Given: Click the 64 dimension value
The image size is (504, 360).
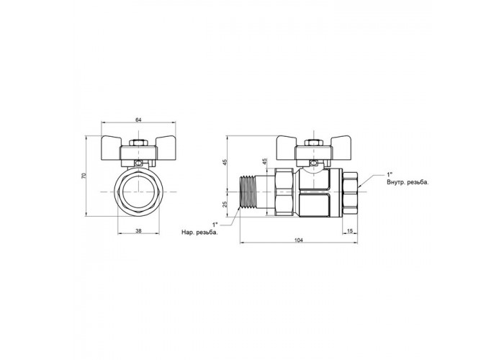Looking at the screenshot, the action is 138,120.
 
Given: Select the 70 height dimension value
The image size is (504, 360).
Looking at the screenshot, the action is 84,176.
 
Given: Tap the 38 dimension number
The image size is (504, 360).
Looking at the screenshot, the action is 138,230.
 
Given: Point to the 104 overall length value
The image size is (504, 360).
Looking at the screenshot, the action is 299,240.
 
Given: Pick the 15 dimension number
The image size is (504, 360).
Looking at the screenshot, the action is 351,230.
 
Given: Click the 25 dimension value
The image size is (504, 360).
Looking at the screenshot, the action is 225,204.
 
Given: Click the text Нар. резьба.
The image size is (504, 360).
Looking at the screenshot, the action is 199,233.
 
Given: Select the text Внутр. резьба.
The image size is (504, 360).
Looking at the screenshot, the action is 408,183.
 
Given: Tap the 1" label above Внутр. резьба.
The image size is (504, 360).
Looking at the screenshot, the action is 390,175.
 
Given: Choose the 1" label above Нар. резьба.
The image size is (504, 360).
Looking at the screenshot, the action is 215,224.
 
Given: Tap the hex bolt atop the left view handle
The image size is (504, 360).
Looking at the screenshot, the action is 138,143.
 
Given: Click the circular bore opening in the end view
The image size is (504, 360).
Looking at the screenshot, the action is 138,192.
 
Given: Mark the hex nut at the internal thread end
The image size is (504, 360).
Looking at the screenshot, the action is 350,192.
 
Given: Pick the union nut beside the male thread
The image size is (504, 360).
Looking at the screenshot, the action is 284,192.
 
